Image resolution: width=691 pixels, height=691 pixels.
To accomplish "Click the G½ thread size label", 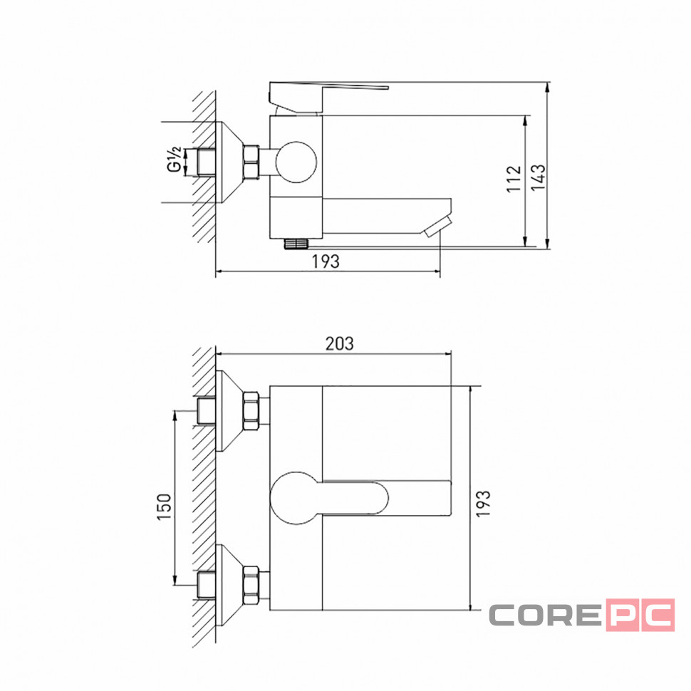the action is [175, 160].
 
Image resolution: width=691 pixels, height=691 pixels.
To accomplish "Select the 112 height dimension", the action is [514, 179].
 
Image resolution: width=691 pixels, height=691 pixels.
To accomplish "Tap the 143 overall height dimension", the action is [538, 177].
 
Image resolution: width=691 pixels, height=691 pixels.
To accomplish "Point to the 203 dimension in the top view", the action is [339, 344].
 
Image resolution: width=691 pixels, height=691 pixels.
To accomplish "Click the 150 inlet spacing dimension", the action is [164, 506].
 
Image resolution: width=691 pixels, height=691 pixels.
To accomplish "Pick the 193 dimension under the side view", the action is [326, 261].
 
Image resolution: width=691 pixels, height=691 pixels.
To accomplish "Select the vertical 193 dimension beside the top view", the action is [483, 503].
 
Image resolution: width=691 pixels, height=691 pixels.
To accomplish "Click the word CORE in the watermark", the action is [545, 615].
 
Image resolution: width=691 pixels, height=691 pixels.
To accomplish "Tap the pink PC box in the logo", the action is [640, 615].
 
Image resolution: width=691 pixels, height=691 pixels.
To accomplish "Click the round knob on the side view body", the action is [296, 162].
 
